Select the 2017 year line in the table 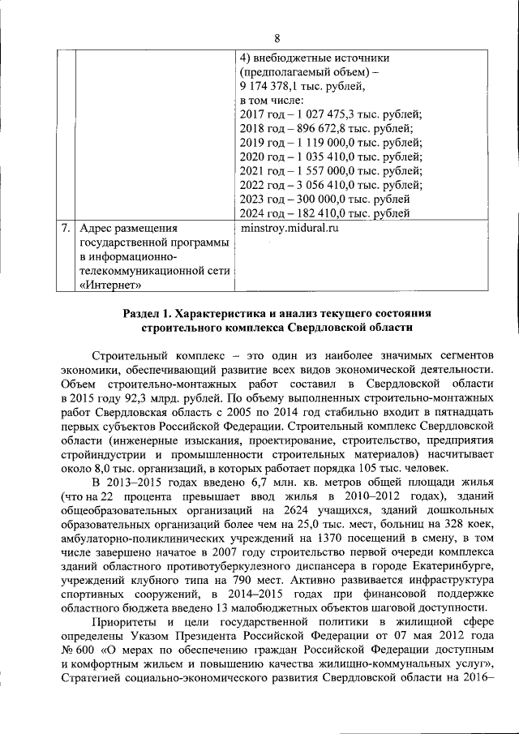(x=332, y=115)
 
